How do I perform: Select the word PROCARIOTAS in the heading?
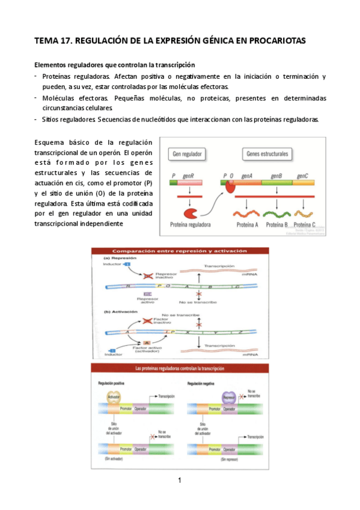tap(275, 41)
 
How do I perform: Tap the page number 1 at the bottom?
tap(179, 480)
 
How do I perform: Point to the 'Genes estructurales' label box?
tap(267, 154)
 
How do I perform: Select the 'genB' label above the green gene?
tap(276, 176)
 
